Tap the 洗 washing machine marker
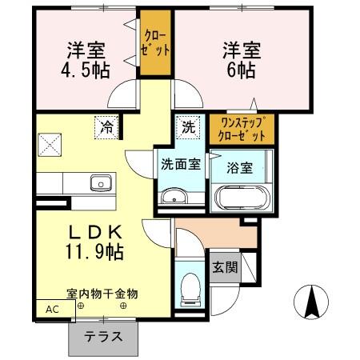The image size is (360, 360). [186, 126]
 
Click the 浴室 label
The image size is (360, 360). [240, 168]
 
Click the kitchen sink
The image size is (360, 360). [102, 183]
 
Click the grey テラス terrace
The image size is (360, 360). [105, 337]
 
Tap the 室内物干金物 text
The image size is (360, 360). [102, 294]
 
